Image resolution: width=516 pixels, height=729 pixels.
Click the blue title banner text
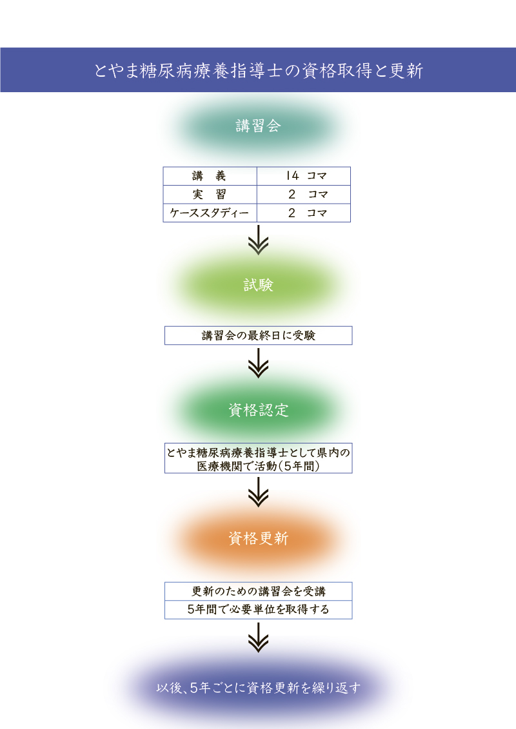[x=258, y=71]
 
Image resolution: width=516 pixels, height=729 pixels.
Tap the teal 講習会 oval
[x=258, y=126]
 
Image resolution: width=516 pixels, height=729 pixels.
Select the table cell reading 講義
[x=210, y=176]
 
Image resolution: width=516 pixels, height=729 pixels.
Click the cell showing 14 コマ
[x=304, y=176]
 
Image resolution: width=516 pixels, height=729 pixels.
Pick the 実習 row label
[x=210, y=195]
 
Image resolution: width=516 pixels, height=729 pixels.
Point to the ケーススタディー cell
[x=210, y=213]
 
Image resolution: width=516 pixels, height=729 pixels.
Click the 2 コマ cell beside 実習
[x=304, y=195]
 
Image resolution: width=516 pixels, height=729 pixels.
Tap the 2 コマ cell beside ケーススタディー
[x=304, y=213]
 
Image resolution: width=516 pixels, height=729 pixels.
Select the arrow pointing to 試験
[x=258, y=240]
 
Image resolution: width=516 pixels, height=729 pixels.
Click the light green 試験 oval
[x=258, y=285]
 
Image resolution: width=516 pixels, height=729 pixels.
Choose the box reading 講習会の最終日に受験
[x=258, y=335]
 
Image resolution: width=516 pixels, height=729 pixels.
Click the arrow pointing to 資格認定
[x=258, y=363]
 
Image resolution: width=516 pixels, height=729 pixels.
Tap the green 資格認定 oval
[x=258, y=410]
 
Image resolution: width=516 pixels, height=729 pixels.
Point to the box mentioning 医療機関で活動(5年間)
[x=258, y=458]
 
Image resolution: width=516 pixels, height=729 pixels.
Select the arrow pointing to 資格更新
[x=258, y=492]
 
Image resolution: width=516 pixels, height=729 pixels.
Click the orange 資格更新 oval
[x=258, y=538]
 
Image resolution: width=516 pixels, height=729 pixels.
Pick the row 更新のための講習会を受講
[x=258, y=591]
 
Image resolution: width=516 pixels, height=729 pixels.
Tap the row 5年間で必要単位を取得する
[x=258, y=610]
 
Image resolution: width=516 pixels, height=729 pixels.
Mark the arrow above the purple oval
[x=258, y=637]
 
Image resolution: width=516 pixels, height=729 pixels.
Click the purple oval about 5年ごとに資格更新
[x=258, y=688]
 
